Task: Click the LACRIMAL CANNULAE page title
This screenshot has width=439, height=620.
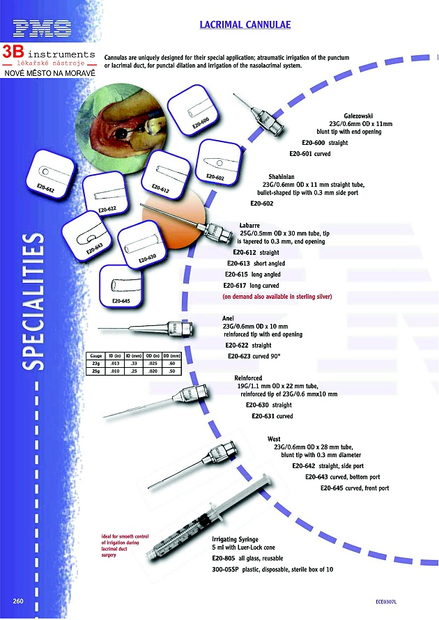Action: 245,25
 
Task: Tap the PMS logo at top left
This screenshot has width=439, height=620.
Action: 42,29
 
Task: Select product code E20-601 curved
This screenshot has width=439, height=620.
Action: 309,153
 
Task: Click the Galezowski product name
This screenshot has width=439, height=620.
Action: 359,115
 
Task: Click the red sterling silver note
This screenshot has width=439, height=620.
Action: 277,297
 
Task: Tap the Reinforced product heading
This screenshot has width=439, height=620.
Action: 249,377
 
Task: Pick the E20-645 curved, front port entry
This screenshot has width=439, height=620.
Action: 355,488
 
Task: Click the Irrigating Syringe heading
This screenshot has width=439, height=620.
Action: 235,540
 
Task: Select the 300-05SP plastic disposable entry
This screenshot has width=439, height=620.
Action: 272,570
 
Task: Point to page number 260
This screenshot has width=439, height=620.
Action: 19,600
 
